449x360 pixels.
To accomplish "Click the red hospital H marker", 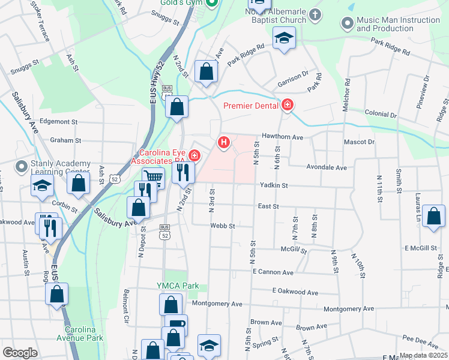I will click(224, 142).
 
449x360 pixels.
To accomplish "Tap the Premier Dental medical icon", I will click(288, 106).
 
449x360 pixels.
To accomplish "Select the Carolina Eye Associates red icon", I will click(194, 155).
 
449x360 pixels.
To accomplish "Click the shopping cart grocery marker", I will click(154, 177).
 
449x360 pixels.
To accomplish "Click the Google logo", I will click(20, 353).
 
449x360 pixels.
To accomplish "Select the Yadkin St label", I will click(274, 185).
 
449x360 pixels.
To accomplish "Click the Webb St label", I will click(222, 226).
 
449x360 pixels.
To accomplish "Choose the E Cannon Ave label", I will click(273, 272).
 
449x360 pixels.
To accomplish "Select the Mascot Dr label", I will click(359, 142).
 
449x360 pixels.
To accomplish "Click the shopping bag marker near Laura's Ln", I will click(433, 216).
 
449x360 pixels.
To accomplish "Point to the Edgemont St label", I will click(59, 121).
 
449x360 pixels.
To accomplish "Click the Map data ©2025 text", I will click(423, 355).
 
